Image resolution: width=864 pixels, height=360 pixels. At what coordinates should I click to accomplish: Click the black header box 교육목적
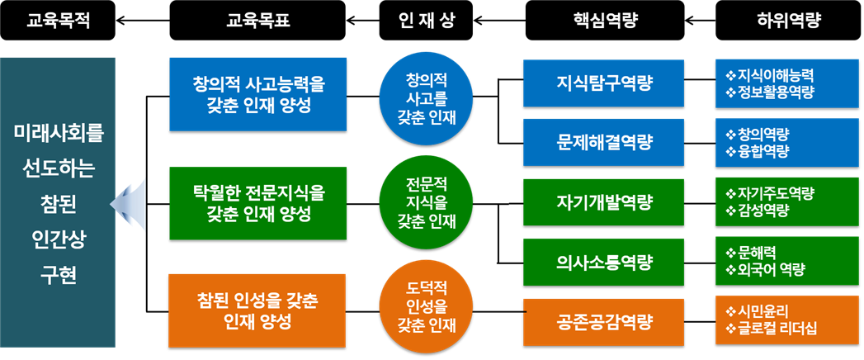tap(58, 21)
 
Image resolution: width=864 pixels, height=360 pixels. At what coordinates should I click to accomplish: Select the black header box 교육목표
tap(257, 21)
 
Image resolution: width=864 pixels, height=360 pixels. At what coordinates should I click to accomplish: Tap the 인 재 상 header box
tap(427, 21)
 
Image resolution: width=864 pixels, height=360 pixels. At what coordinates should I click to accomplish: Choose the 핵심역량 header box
tap(605, 21)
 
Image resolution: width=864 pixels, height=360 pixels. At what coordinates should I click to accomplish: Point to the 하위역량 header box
tap(789, 21)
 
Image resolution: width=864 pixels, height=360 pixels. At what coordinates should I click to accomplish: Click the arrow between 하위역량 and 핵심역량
tap(700, 21)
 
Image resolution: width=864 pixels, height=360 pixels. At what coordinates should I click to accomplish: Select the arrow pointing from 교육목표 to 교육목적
tap(143, 21)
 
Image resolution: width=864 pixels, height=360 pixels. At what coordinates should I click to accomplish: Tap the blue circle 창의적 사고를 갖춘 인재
tap(427, 97)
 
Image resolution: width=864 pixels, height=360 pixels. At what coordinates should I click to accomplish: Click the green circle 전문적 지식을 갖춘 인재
tap(427, 204)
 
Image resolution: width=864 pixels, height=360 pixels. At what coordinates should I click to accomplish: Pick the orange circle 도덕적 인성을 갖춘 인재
tap(427, 311)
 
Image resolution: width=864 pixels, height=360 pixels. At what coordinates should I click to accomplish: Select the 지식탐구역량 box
tap(603, 83)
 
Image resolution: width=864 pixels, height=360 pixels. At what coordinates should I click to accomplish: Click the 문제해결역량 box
tap(603, 142)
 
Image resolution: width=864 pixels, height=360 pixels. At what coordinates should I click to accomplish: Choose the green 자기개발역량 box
tap(603, 201)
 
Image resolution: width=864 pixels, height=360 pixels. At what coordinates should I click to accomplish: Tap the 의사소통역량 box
tap(603, 262)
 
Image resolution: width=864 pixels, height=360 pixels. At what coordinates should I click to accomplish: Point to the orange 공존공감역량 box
tap(603, 322)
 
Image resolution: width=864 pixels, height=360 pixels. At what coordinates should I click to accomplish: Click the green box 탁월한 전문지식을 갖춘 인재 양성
tap(257, 203)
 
